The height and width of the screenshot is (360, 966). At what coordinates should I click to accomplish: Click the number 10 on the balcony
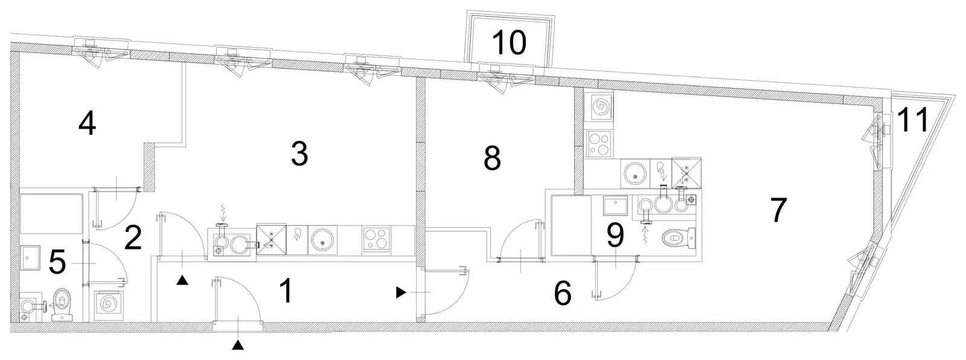point(509,43)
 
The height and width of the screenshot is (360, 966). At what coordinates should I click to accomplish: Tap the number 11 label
point(912,120)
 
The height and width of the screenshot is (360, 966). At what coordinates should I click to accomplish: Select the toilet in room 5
point(63,304)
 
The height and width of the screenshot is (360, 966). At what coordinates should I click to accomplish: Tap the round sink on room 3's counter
point(322,240)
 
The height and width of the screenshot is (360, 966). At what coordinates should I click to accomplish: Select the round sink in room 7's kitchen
point(635,173)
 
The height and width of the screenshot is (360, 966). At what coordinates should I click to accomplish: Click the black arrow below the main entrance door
point(238,345)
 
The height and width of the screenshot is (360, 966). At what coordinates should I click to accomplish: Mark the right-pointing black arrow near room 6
point(401,293)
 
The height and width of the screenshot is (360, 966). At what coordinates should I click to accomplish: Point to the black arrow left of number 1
point(182,280)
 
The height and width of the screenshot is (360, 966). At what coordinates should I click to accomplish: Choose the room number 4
point(87,123)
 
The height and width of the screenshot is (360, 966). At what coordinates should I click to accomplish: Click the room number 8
point(492,158)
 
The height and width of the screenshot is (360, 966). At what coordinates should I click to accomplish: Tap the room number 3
point(299,154)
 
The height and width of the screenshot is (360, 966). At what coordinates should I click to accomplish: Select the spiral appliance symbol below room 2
point(109,305)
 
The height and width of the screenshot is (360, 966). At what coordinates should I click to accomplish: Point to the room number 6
point(563,293)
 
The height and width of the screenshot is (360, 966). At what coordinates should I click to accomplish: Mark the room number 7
point(778,210)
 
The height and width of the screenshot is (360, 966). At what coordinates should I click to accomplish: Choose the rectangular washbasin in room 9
point(616,205)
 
